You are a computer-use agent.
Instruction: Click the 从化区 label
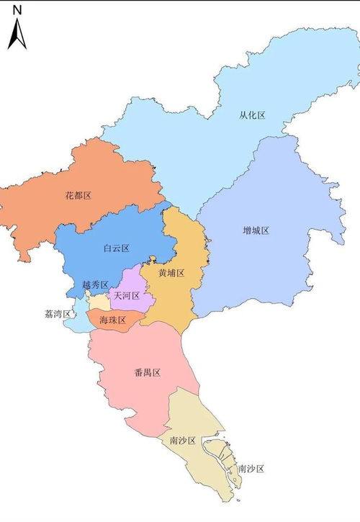point(253,116)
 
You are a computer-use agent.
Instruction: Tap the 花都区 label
point(78,195)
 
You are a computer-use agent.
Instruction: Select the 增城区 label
point(256,230)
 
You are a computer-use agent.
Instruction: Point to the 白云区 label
point(116,248)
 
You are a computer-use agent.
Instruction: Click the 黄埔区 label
point(172,274)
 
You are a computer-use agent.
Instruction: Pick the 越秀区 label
point(95,285)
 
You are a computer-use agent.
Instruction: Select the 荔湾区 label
point(57,315)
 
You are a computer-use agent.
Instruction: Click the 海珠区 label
point(113,320)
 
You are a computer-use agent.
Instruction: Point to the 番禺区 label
point(147,372)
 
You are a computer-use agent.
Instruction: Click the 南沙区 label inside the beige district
point(183,440)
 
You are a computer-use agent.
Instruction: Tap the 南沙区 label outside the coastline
point(251,469)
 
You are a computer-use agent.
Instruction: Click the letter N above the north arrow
point(17,10)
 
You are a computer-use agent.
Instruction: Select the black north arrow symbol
point(17,34)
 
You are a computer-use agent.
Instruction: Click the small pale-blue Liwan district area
point(72,324)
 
